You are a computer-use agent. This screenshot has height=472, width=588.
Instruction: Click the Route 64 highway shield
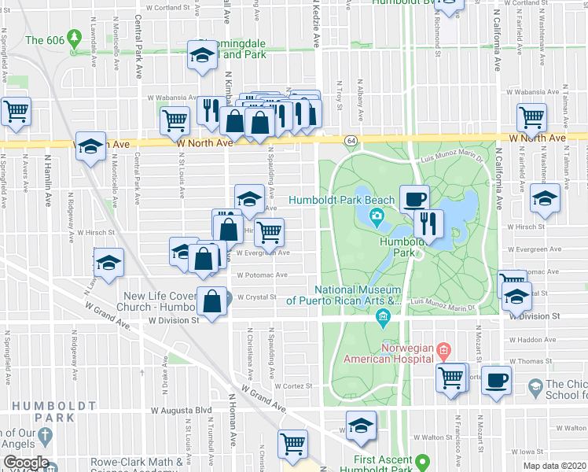350,140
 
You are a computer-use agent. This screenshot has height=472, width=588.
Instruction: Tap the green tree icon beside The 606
75,37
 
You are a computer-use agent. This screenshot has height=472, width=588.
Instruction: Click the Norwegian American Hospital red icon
443,348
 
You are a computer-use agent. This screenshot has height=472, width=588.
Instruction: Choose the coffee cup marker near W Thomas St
495,380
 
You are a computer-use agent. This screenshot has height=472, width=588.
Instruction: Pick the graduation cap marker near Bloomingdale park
201,55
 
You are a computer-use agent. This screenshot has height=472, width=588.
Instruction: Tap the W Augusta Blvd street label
186,411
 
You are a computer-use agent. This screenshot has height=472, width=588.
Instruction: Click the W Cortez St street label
293,386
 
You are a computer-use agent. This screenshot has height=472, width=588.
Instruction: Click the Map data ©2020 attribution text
553,466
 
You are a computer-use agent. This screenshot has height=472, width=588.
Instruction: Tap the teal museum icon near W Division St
383,317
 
